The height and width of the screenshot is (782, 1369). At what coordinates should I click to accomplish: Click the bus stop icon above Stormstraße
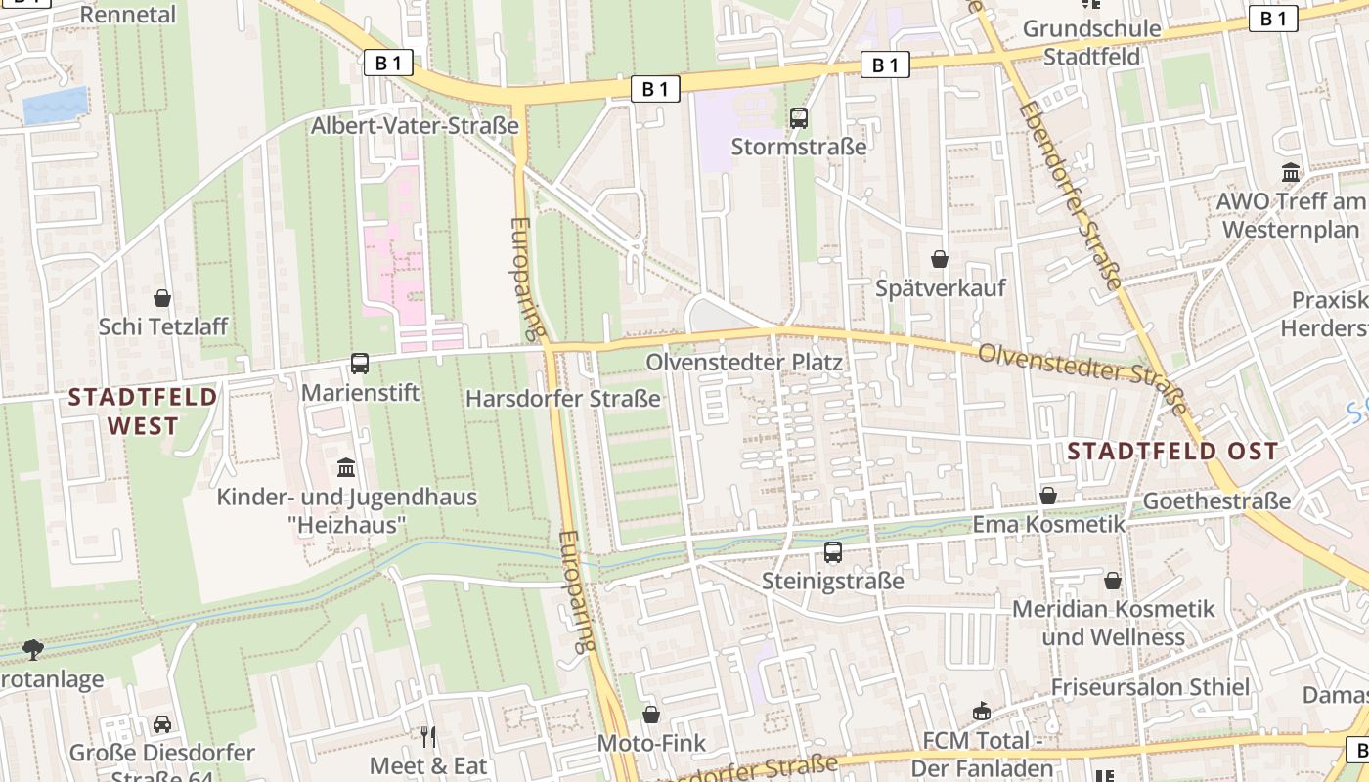[799, 118]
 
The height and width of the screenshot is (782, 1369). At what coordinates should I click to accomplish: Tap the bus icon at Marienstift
[360, 364]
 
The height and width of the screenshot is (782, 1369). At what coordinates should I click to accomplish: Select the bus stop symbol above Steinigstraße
[833, 552]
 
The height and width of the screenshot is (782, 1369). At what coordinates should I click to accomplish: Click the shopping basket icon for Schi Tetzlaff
[162, 297]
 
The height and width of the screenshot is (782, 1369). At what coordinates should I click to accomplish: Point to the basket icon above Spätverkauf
[940, 259]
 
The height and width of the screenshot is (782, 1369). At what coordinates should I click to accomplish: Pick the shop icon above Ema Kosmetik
[1048, 496]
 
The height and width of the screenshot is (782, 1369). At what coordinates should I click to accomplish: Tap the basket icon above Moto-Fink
[651, 715]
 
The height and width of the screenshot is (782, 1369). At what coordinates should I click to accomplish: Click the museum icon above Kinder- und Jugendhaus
[345, 467]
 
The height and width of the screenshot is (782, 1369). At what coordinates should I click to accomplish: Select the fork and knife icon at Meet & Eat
[428, 736]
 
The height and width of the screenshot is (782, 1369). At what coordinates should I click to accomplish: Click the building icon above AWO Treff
[1291, 173]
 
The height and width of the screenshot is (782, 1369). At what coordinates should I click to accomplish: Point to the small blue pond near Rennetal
[55, 106]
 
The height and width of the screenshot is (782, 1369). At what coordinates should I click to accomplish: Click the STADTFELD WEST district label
[143, 412]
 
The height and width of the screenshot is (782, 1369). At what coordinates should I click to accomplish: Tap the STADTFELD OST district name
[1172, 451]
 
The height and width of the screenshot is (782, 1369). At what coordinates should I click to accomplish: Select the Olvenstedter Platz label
[743, 362]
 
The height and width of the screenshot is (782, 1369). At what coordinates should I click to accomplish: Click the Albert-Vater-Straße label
[415, 126]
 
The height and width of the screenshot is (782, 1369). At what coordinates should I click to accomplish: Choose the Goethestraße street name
[1216, 501]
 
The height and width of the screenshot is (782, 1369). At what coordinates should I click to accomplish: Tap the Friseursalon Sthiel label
[1150, 687]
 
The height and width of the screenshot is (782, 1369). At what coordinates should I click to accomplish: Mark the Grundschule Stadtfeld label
[1091, 42]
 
